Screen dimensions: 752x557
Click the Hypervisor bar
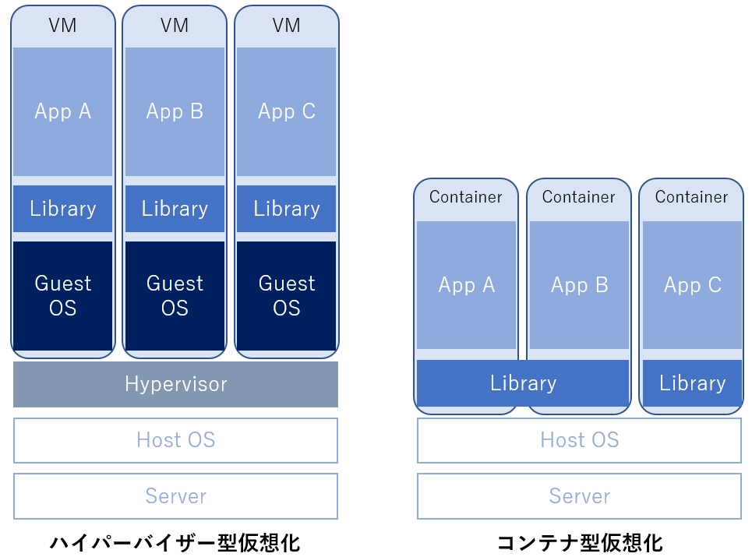pyautogui.click(x=175, y=384)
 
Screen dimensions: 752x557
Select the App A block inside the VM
pyautogui.click(x=63, y=111)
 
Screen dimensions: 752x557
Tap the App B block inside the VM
pyautogui.click(x=175, y=111)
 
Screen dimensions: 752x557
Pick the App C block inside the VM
pyautogui.click(x=286, y=111)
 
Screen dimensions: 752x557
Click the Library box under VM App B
pyautogui.click(x=175, y=209)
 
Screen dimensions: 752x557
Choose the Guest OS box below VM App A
pyautogui.click(x=63, y=296)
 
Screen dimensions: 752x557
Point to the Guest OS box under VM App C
pyautogui.click(x=286, y=296)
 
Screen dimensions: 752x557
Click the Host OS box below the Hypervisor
pyautogui.click(x=175, y=440)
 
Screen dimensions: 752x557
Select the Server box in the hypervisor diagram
pyautogui.click(x=175, y=496)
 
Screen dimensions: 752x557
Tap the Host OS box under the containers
pyautogui.click(x=579, y=440)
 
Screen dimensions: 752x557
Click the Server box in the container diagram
pyautogui.click(x=579, y=496)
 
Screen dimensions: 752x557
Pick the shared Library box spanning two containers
pyautogui.click(x=523, y=383)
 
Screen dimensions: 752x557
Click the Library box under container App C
pyautogui.click(x=693, y=383)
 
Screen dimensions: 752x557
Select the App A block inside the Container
pyautogui.click(x=467, y=285)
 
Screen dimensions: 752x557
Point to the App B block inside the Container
pyautogui.click(x=579, y=285)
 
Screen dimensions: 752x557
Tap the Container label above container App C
pyautogui.click(x=691, y=197)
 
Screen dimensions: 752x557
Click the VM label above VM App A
pyautogui.click(x=63, y=26)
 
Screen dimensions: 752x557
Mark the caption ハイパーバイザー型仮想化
pyautogui.click(x=175, y=543)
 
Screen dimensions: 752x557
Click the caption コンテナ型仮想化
pyautogui.click(x=580, y=543)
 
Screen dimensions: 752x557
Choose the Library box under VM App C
pyautogui.click(x=286, y=209)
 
